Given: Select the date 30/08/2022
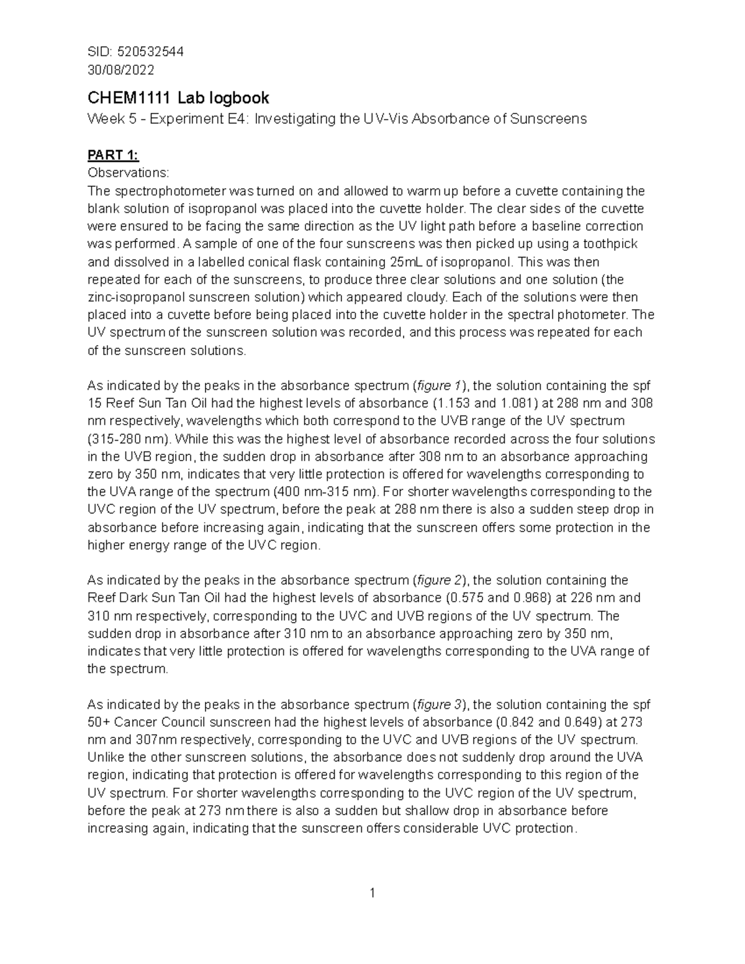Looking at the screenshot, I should pos(121,70).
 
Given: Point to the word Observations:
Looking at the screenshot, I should pos(128,172).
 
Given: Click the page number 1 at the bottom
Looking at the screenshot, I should pos(372,893).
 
